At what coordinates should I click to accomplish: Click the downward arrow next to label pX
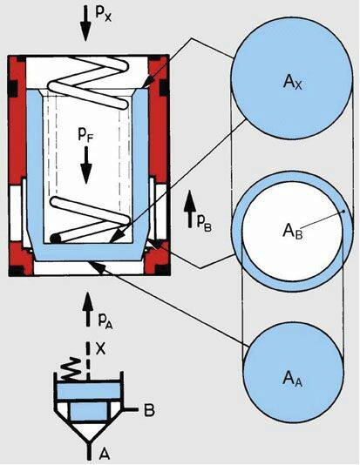[85, 24]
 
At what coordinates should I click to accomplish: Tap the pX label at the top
[104, 13]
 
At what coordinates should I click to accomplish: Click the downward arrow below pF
[86, 165]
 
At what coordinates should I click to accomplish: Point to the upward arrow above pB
[190, 209]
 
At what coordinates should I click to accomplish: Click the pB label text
[204, 223]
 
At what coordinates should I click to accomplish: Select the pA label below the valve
[105, 320]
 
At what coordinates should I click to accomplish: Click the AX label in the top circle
[292, 82]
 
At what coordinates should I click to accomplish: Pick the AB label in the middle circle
[293, 231]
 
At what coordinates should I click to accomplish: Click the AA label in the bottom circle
[293, 379]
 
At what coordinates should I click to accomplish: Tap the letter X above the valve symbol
[101, 349]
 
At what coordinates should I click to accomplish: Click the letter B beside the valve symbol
[149, 410]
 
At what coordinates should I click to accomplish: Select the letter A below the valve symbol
[105, 454]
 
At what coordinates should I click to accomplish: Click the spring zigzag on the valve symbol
[71, 368]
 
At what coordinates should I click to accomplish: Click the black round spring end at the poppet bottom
[55, 239]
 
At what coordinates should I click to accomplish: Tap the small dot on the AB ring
[343, 212]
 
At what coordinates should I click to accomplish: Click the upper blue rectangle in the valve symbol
[89, 391]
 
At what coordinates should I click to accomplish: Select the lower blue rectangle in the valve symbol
[89, 412]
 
